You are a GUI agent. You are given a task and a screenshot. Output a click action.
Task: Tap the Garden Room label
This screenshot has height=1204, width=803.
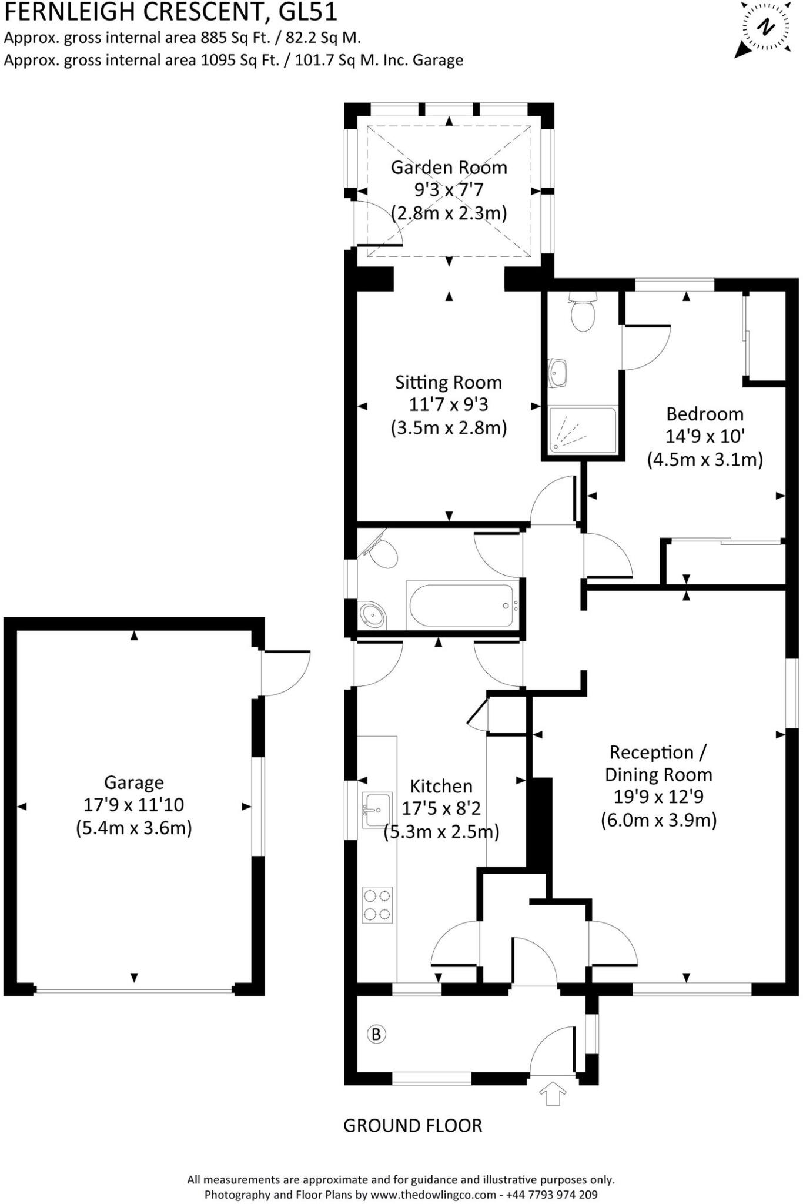[x=449, y=168]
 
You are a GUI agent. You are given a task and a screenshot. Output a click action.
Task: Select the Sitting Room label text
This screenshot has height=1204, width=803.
[x=448, y=383]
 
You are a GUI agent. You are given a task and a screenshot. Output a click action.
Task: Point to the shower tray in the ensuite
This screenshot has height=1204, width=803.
[x=583, y=430]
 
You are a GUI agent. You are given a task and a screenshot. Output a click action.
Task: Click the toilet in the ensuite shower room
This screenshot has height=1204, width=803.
[x=583, y=312]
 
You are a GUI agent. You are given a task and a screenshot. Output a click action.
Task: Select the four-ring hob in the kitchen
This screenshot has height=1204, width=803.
[x=377, y=905]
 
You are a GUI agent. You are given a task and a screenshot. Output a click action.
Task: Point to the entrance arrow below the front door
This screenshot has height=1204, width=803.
[x=552, y=1095]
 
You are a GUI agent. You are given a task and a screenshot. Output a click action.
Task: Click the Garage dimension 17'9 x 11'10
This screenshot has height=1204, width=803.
[x=134, y=805]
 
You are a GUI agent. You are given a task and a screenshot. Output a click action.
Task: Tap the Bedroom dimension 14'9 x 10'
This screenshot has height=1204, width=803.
[x=705, y=436]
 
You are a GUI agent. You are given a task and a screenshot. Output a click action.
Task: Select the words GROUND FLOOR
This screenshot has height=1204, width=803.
[x=413, y=1125]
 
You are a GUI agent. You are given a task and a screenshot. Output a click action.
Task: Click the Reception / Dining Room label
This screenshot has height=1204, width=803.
[x=658, y=763]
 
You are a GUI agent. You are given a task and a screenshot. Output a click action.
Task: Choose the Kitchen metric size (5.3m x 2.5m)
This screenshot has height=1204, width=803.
[x=441, y=832]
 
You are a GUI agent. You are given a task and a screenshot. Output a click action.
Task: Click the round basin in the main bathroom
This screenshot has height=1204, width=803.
[x=373, y=614]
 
